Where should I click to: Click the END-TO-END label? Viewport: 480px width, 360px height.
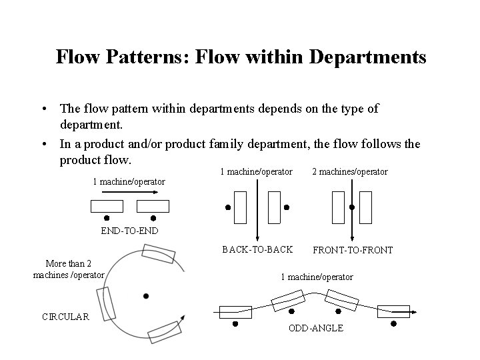[x=129, y=231]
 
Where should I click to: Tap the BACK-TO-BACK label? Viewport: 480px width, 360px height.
[x=257, y=249]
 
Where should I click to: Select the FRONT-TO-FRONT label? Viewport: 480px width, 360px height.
[x=353, y=250]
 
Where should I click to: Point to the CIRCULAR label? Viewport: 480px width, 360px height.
[x=65, y=317]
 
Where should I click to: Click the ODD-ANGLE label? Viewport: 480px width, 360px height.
[x=316, y=328]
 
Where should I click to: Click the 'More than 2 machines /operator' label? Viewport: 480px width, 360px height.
[x=69, y=269]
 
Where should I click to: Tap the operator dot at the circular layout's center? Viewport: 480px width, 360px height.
[x=145, y=295]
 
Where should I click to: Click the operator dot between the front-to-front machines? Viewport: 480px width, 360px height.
[x=352, y=207]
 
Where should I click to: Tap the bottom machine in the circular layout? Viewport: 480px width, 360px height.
[x=164, y=331]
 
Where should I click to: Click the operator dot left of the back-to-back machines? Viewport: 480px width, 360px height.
[x=227, y=207]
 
